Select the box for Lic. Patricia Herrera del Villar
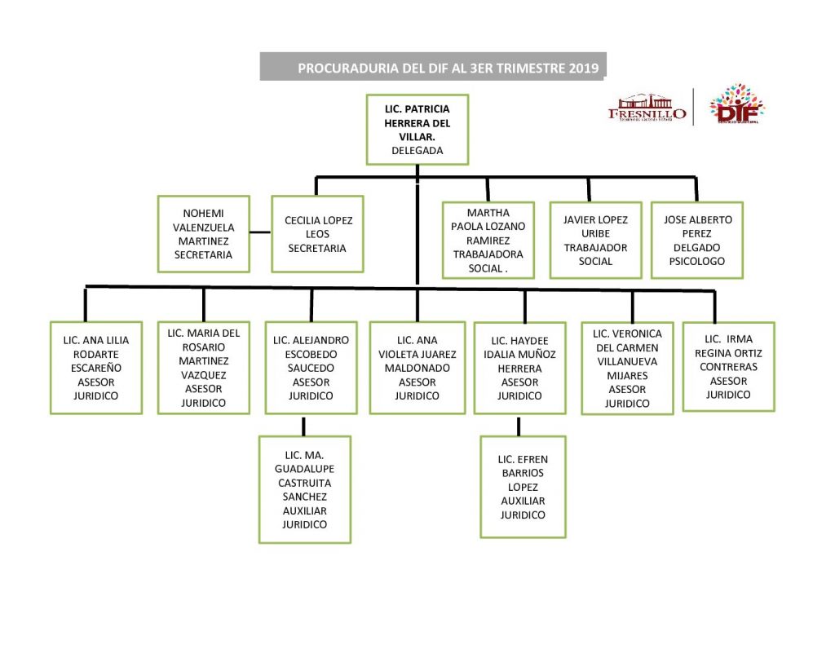pyautogui.click(x=417, y=129)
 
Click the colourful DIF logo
pyautogui.click(x=736, y=106)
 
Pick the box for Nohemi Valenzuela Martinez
pyautogui.click(x=202, y=234)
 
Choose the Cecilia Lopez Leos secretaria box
pyautogui.click(x=317, y=234)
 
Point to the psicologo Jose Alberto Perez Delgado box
pyautogui.click(x=697, y=241)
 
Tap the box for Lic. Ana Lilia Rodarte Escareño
pyautogui.click(x=96, y=368)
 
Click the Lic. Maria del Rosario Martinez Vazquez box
pyautogui.click(x=203, y=368)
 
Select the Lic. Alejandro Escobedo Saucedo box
pyautogui.click(x=311, y=368)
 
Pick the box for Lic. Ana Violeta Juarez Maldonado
pyautogui.click(x=417, y=368)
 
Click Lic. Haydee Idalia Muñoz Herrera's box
pyautogui.click(x=520, y=369)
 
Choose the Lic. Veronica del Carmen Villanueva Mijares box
pyautogui.click(x=627, y=368)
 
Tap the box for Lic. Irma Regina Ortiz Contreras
pyautogui.click(x=728, y=367)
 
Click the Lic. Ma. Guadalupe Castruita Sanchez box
pyautogui.click(x=304, y=489)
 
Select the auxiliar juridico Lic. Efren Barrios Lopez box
pyautogui.click(x=523, y=487)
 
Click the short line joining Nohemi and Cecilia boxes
pyautogui.click(x=260, y=232)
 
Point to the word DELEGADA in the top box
pyautogui.click(x=417, y=151)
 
